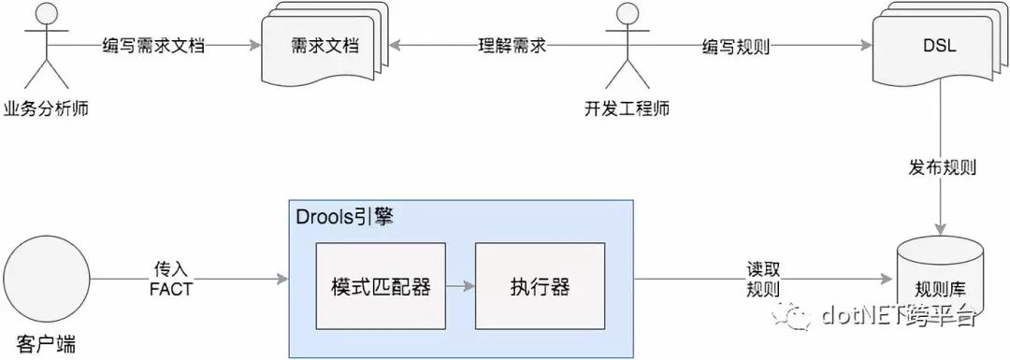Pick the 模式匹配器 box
(x=381, y=286)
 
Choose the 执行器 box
(x=540, y=286)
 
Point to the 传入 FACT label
(x=170, y=280)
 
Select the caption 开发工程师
(x=627, y=109)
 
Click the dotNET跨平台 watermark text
(x=898, y=316)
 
